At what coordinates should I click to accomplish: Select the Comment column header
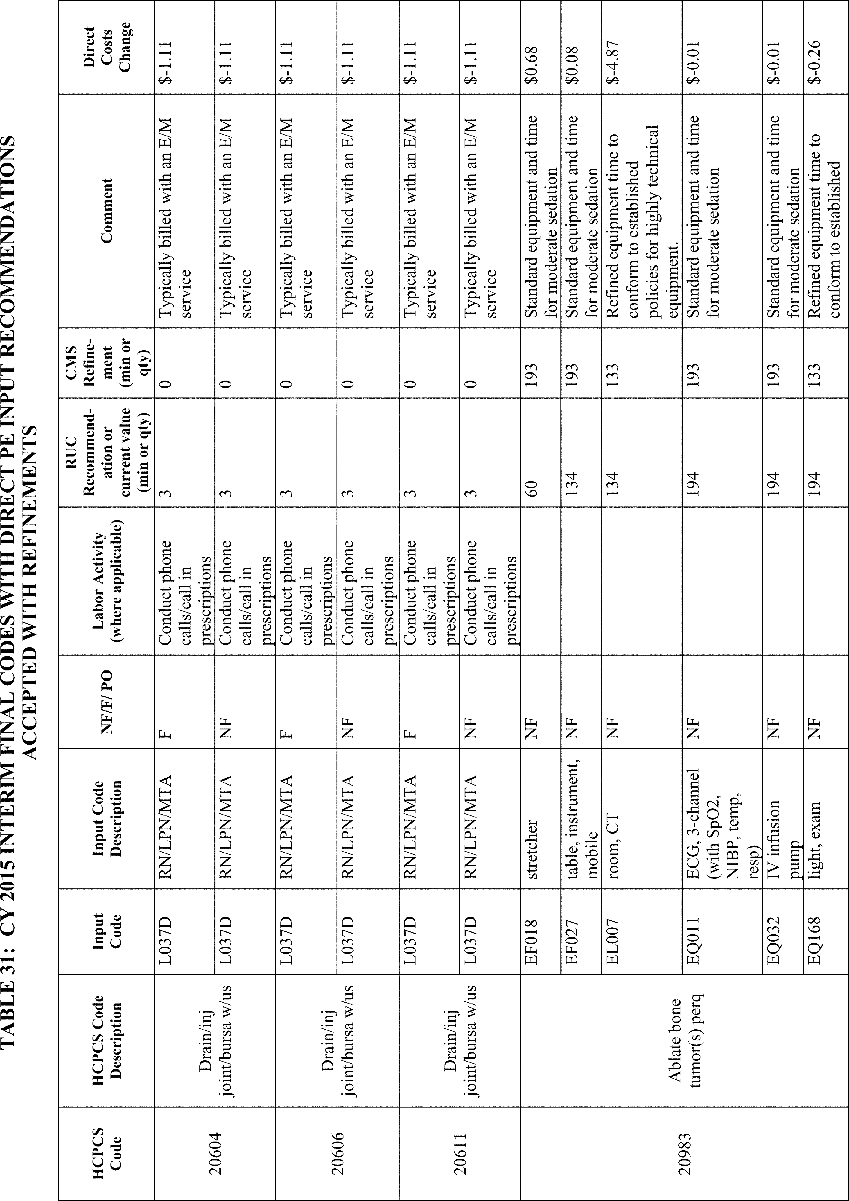click(107, 210)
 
